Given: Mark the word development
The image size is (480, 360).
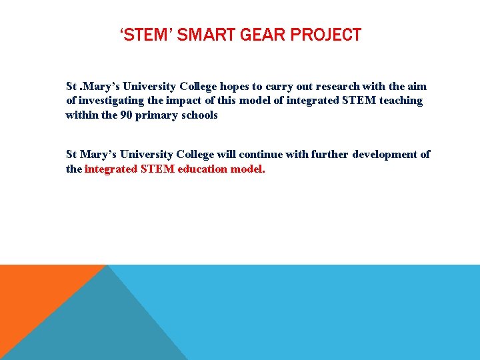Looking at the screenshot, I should tap(385, 155).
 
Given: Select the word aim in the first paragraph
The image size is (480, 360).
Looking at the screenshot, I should tap(417, 87).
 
